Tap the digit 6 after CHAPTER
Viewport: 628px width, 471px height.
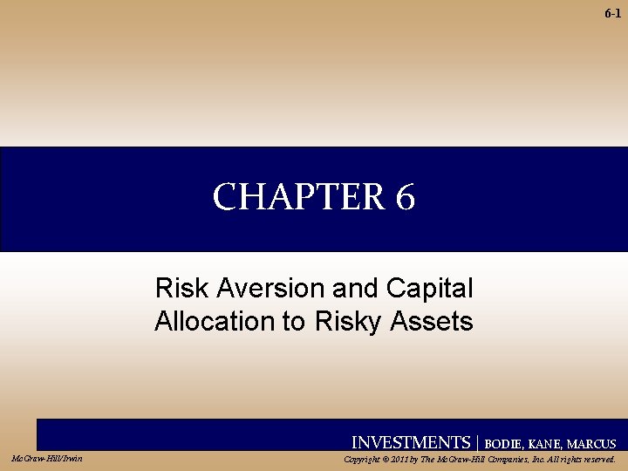coord(405,198)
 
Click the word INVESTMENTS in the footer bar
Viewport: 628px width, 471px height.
coord(410,442)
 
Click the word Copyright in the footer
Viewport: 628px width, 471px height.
coord(365,459)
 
